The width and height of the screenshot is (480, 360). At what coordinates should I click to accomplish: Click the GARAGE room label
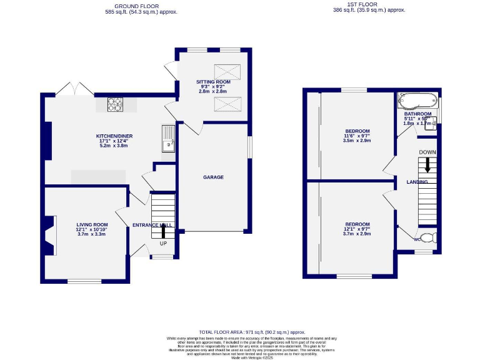click(x=213, y=177)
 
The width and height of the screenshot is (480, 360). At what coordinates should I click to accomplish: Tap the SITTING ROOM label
click(x=213, y=81)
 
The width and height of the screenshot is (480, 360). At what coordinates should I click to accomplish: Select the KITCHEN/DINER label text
click(x=114, y=136)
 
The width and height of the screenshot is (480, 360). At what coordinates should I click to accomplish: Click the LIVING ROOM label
click(x=92, y=224)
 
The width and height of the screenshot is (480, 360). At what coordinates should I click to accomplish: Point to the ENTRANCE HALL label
click(x=152, y=224)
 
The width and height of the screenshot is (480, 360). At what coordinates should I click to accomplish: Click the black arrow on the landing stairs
click(x=427, y=165)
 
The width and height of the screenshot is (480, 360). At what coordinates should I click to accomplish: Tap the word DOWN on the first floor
click(x=427, y=152)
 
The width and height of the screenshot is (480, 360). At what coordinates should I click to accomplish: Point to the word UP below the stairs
click(x=164, y=243)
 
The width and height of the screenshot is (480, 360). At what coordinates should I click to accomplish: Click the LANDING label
click(x=417, y=182)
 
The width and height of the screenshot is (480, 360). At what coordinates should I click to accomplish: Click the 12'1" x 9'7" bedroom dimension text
click(x=357, y=229)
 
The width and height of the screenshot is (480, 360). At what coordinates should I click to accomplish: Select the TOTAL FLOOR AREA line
click(x=252, y=332)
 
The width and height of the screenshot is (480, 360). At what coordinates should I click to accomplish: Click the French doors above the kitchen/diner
click(x=73, y=90)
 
